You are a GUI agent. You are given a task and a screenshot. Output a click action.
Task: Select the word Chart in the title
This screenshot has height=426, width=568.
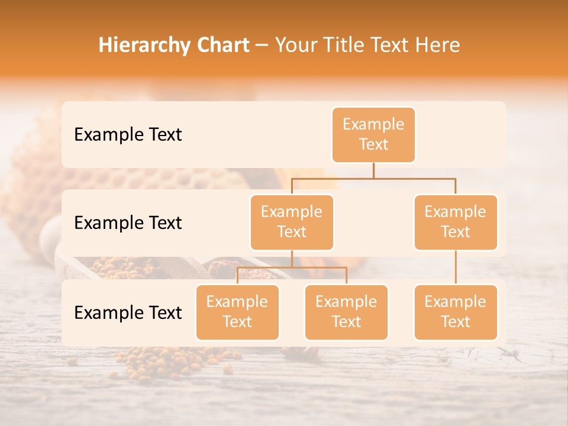coord(221,45)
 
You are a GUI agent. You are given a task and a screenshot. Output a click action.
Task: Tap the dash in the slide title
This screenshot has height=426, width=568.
coord(261,46)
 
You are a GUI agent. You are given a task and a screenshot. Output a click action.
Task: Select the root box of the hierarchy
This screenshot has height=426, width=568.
coord(373,134)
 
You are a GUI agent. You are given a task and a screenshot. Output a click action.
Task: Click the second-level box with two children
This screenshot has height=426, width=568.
coord(292,222)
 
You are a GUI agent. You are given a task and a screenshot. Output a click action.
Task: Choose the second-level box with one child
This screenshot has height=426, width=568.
coord(456,222)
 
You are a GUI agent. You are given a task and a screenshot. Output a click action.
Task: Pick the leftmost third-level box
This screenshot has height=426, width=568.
coord(237,312)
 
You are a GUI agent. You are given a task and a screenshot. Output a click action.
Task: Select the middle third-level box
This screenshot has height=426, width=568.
coord(346,312)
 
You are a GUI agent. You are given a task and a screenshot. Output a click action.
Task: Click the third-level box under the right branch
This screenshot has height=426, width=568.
coord(456,312)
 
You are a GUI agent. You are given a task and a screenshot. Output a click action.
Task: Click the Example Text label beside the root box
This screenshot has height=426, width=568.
coord(128,134)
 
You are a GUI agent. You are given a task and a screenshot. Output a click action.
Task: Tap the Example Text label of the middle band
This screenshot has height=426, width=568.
coord(128,222)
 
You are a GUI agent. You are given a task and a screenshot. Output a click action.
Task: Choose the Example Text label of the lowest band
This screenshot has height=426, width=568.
coord(128,312)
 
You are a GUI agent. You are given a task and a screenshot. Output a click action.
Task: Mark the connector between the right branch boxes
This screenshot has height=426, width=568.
coord(456,267)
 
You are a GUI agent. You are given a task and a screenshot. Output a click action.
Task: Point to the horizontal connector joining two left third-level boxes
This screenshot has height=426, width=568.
coord(292,267)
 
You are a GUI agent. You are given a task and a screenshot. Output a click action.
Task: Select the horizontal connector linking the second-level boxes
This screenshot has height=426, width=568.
coord(373,177)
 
